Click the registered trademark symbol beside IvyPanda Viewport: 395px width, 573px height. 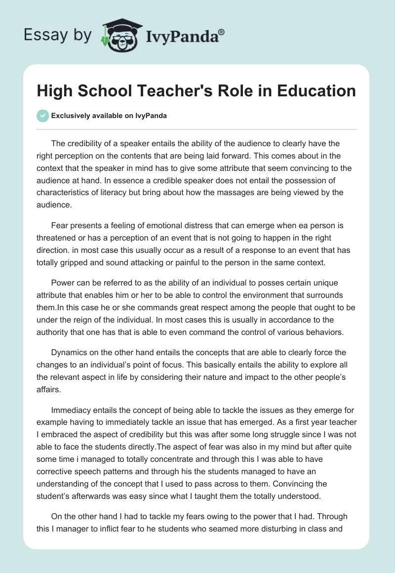(x=222, y=33)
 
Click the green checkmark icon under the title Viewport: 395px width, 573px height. (x=42, y=116)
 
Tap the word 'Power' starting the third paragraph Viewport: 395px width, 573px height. (x=62, y=283)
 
